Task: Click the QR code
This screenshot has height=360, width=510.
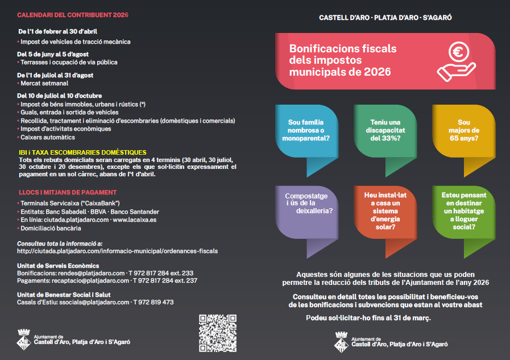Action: [217, 333]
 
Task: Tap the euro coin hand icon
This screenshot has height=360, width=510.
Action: [456, 62]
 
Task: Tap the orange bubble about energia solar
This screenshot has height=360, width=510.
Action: [385, 210]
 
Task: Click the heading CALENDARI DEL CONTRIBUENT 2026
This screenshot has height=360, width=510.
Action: [73, 14]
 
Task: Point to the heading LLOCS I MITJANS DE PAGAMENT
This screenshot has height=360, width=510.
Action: [67, 192]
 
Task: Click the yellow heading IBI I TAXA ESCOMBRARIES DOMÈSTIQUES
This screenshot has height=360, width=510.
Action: [82, 152]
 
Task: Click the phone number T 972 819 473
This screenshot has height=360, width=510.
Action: [154, 302]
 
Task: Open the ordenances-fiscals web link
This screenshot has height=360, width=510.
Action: [117, 251]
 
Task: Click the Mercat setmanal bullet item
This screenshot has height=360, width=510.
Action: [44, 83]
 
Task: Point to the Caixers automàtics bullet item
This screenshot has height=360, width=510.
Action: [47, 137]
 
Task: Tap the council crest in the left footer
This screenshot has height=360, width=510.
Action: [23, 340]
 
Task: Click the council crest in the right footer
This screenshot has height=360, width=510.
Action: [341, 340]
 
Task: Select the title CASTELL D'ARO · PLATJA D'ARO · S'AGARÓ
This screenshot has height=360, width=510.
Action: [385, 17]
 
